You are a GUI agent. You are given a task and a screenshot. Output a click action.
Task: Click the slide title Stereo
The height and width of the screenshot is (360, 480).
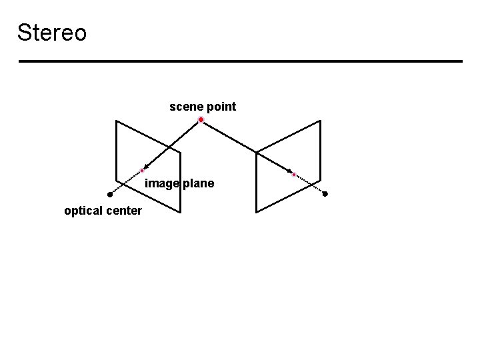coord(52,32)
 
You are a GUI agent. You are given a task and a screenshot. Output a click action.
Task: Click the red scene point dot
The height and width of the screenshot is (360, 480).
coord(201,120)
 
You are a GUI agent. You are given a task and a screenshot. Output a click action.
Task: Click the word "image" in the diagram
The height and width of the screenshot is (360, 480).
coord(161,183)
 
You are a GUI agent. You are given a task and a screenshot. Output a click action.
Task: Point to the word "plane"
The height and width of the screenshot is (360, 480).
coord(198,183)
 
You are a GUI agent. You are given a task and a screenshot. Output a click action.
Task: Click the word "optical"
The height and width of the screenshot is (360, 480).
coord(82,211)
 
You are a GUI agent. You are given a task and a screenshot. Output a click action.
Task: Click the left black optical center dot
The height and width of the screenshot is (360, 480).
coord(110,195)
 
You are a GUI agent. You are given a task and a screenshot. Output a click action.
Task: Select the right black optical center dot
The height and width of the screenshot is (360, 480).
coord(325,194)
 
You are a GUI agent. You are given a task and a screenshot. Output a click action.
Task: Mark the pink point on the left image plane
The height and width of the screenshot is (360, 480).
coord(142,171)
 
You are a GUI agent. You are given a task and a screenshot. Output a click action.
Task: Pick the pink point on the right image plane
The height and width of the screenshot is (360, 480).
coord(294,174)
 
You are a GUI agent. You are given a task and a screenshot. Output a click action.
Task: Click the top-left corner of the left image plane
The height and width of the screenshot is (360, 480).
coord(117,121)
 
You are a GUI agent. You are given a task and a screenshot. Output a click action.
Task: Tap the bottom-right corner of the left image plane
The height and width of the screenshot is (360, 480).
coord(180,212)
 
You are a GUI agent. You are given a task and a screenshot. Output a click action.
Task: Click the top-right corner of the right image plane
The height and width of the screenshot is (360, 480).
coord(321,121)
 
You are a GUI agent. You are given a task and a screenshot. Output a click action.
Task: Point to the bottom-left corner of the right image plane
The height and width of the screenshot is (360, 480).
coord(257,212)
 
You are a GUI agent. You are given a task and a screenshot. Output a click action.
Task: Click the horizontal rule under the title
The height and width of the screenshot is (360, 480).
coord(240,61)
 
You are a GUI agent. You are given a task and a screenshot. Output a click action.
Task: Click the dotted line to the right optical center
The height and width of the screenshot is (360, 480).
coord(310,184)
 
